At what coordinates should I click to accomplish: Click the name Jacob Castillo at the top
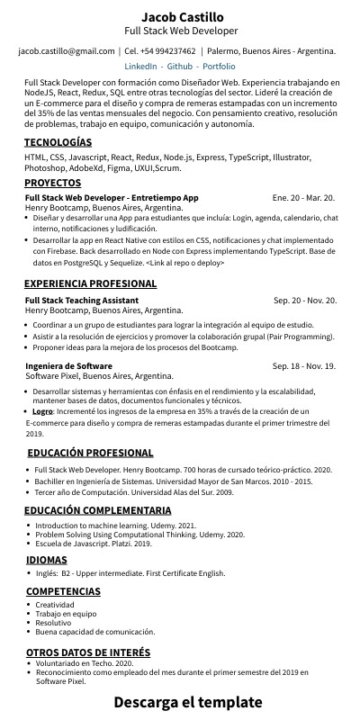182,16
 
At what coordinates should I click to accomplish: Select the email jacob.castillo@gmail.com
67,51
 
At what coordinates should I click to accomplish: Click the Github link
180,67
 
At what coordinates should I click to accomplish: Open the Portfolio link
220,67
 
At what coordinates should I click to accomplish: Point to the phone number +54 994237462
169,51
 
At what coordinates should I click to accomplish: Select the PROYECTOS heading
53,183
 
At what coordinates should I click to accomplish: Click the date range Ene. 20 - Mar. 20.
303,197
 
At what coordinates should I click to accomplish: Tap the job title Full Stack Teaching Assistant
82,300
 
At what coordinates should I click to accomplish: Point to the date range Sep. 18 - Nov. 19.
304,366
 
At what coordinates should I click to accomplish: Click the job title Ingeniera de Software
68,366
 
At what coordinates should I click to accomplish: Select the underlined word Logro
43,410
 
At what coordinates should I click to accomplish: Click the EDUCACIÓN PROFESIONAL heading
90,453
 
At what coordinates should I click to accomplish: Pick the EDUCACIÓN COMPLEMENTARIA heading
97,511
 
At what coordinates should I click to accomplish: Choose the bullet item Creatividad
56,605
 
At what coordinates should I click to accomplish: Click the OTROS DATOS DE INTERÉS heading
87,652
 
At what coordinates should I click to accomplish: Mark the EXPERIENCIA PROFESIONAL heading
91,283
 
